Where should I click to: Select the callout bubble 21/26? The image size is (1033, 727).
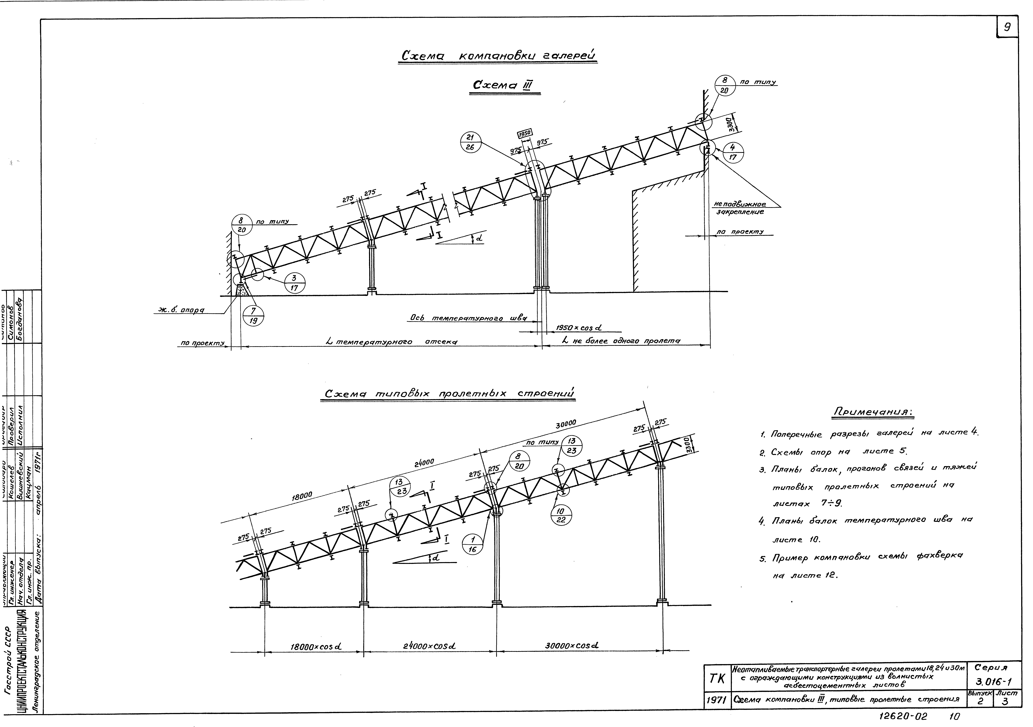pyautogui.click(x=471, y=143)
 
